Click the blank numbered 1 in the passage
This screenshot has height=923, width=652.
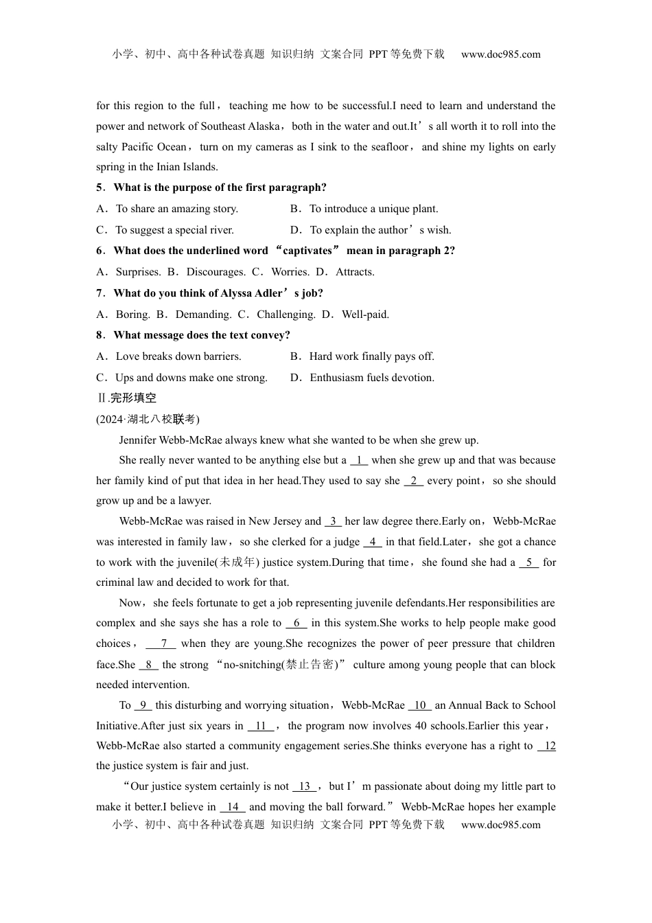(x=359, y=460)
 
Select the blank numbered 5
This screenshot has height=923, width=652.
(x=528, y=562)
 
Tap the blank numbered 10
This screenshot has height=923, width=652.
(x=420, y=705)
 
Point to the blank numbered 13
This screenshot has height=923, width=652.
(x=304, y=786)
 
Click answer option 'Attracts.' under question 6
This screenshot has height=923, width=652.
(x=355, y=272)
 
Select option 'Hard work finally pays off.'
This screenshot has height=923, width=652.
(x=371, y=356)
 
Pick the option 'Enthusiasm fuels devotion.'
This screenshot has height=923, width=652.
(x=372, y=378)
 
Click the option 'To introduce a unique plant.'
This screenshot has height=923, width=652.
(x=373, y=209)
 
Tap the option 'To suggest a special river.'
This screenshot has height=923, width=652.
(x=174, y=230)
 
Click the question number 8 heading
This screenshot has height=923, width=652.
(x=100, y=335)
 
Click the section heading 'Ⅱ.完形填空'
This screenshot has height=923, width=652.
(x=126, y=398)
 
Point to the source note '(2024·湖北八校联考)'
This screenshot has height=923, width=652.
(x=148, y=419)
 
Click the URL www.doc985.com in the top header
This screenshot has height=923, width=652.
(x=500, y=54)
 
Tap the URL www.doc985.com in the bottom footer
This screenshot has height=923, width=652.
(x=500, y=825)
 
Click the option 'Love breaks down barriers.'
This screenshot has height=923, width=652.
(x=178, y=356)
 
